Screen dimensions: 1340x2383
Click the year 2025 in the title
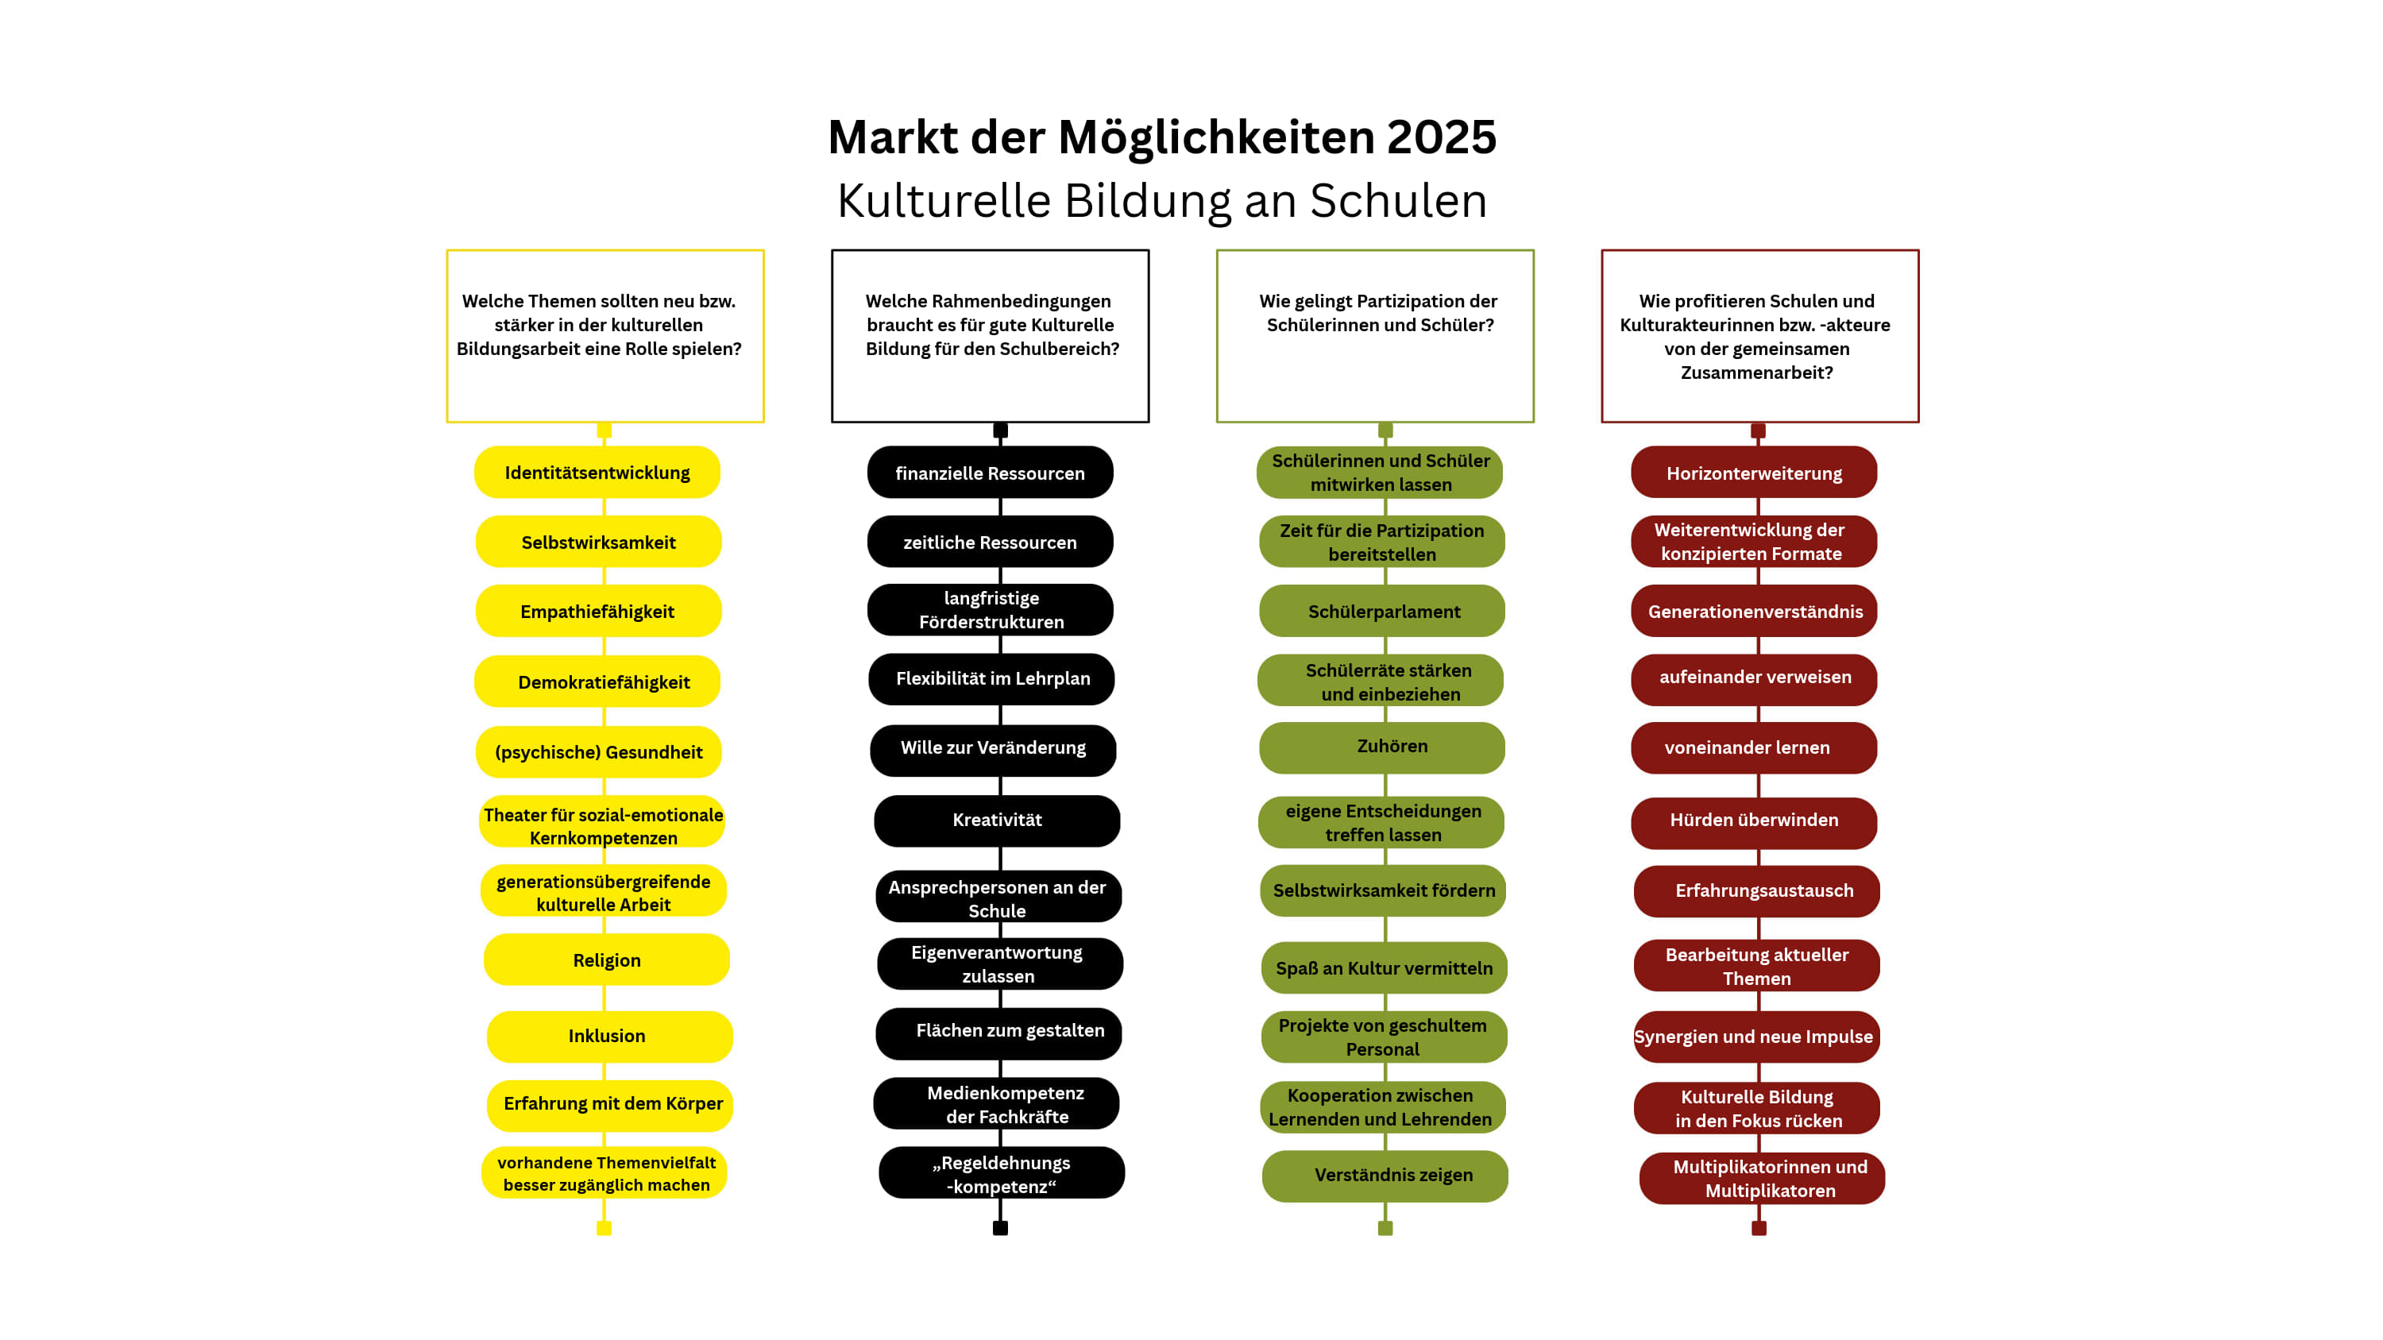(x=1440, y=137)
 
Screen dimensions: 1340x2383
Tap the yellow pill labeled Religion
(x=606, y=960)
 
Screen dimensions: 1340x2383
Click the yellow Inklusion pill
(x=608, y=1036)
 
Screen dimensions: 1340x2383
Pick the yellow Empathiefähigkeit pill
(x=597, y=612)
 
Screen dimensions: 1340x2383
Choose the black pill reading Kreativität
(x=996, y=821)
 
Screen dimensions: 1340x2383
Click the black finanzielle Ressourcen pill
(x=990, y=473)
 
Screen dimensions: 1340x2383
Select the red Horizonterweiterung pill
(x=1753, y=473)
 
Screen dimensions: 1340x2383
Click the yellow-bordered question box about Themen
(x=605, y=336)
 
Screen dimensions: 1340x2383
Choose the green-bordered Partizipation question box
(x=1375, y=336)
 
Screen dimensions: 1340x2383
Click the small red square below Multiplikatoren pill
(x=1759, y=1228)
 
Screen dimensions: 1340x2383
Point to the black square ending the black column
(x=1000, y=1228)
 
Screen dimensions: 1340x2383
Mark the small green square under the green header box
(x=1385, y=430)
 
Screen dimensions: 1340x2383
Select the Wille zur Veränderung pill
(x=993, y=748)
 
